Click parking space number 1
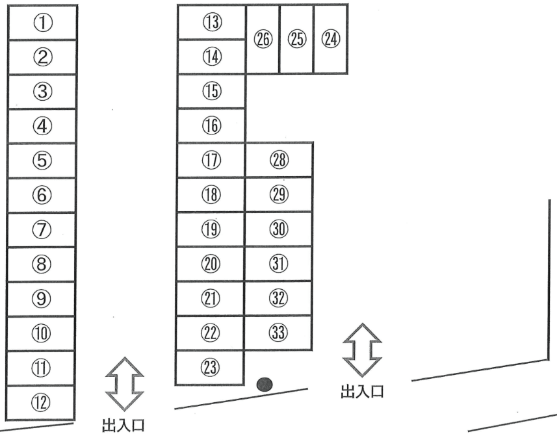[42, 23]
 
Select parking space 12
[41, 403]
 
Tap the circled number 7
[42, 229]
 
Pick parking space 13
[212, 23]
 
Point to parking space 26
[263, 39]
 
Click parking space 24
[330, 39]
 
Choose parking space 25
[296, 39]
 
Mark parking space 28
[279, 160]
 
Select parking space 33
[279, 333]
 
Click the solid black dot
[265, 385]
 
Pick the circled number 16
[212, 125]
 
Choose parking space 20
[212, 264]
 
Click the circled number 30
[279, 229]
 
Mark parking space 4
[42, 125]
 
